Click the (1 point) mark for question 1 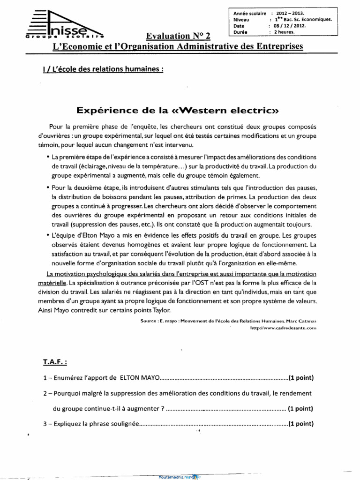[x=301, y=378]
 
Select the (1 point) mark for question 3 [x=300, y=424]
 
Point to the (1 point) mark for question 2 [x=300, y=408]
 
